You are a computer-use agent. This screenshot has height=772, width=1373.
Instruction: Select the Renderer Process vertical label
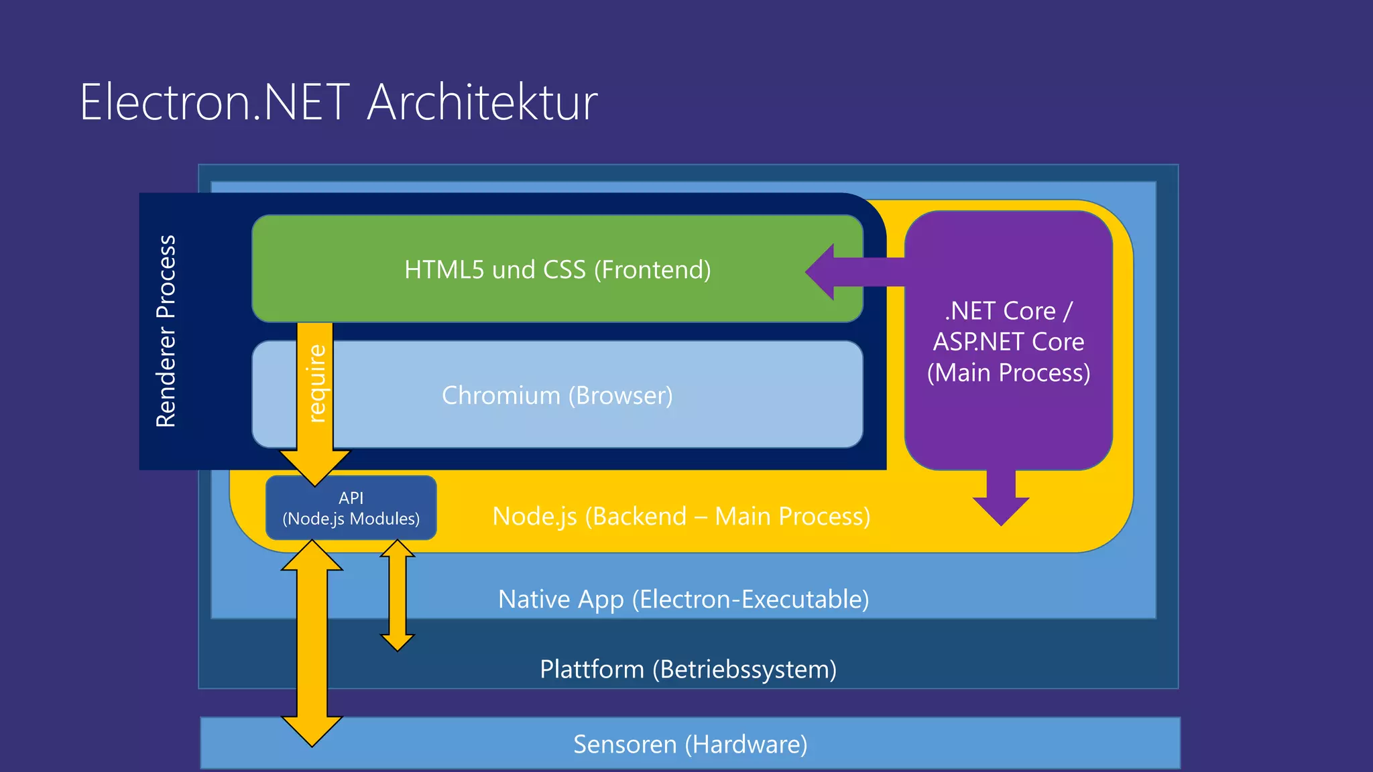[166, 331]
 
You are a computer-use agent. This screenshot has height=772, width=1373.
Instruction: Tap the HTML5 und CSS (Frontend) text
[557, 269]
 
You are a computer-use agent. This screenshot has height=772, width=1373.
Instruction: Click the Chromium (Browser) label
[557, 395]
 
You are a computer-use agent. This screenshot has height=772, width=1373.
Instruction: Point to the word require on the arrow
[316, 383]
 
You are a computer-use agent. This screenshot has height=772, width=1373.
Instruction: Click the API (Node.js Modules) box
[351, 508]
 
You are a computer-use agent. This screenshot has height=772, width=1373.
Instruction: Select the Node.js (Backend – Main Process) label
[681, 516]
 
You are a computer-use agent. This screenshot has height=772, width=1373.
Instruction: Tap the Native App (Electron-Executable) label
[683, 599]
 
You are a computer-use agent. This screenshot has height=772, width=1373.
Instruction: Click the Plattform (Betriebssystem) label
[688, 669]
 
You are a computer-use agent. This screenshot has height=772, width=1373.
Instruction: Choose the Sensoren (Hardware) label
[690, 744]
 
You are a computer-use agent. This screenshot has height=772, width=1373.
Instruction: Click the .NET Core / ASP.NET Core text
[1008, 326]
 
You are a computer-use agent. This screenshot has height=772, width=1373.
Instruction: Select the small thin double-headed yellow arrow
[398, 595]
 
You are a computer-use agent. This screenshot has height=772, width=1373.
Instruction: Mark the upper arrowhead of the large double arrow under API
[312, 556]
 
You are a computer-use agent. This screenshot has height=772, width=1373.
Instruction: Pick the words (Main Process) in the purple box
[1008, 373]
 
